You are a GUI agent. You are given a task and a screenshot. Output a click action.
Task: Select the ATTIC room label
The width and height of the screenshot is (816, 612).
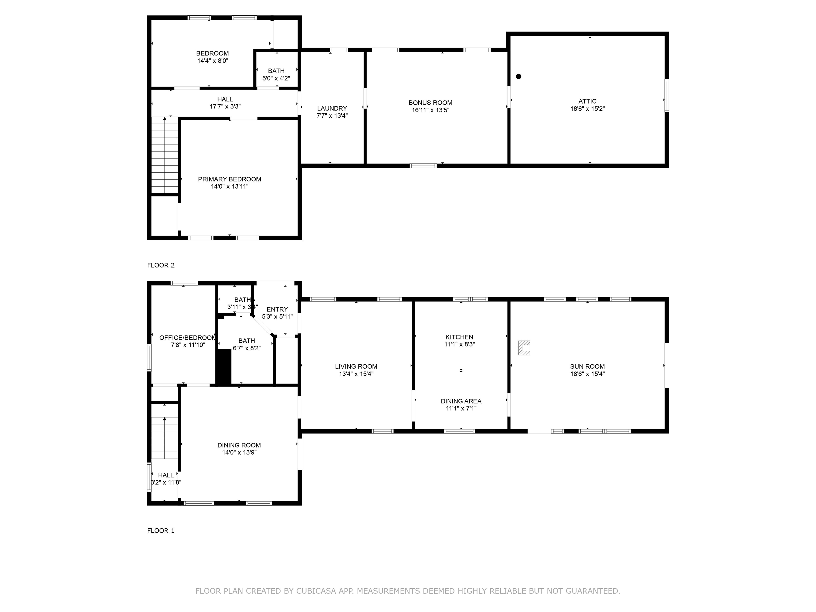[587, 101]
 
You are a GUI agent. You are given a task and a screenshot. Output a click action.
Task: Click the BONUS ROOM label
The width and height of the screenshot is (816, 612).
[430, 103]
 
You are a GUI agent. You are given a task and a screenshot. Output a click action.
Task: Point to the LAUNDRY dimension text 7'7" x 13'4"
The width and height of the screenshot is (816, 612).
[332, 116]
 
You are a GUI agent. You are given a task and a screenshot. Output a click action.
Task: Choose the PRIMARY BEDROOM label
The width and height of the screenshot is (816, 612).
[229, 179]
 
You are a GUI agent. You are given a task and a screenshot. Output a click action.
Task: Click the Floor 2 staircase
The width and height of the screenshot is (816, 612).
[164, 155]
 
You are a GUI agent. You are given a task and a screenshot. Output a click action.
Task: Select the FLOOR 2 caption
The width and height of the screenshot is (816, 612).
[161, 265]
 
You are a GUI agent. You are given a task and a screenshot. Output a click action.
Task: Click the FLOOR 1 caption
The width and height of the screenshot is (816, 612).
[161, 530]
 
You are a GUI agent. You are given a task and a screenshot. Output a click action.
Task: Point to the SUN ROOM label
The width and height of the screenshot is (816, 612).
[587, 366]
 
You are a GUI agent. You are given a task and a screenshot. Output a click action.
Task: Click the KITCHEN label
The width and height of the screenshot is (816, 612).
[459, 337]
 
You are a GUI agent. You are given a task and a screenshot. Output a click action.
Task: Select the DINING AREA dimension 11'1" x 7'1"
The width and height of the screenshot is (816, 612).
[461, 408]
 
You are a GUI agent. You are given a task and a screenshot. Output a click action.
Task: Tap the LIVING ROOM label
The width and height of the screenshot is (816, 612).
[356, 366]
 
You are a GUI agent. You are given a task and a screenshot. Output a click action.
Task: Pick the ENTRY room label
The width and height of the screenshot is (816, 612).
[277, 309]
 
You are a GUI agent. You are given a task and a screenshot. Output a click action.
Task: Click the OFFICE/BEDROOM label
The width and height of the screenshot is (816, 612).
[188, 338]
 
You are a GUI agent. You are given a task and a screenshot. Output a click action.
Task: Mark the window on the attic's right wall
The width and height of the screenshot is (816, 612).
[667, 95]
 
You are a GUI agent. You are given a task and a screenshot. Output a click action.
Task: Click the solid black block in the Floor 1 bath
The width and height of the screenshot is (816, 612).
[223, 367]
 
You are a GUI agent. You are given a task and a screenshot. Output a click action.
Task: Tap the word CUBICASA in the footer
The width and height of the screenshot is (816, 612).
[316, 590]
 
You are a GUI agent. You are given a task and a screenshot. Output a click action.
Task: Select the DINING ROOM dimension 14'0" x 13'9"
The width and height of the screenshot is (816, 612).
[239, 452]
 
